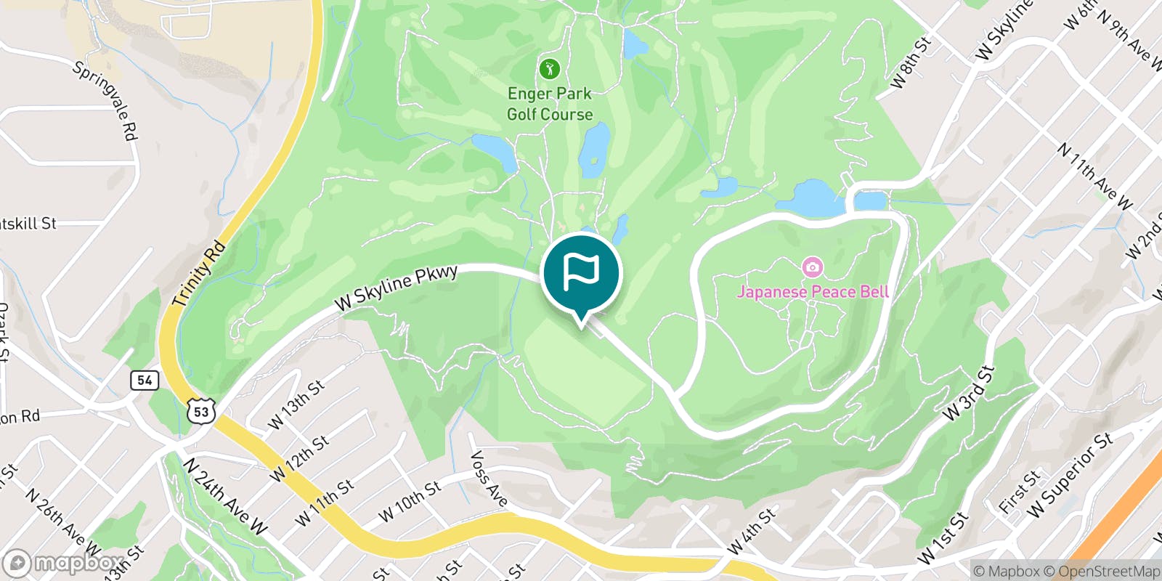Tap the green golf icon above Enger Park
coord(550,70)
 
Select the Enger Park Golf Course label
coord(550,104)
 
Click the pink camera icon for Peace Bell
coord(812,267)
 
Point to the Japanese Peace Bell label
coord(813,292)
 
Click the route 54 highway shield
coord(145,380)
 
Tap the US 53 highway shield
coord(201,411)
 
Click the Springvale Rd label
coord(106,100)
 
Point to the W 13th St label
coord(296,405)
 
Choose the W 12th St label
coord(299,458)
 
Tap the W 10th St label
coord(409,502)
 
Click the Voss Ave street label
coord(489,479)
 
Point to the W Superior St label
coord(1070,475)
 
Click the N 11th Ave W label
coord(1094,176)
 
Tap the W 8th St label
coord(910,63)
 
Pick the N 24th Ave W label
coord(224,496)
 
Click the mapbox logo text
coord(63,563)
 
